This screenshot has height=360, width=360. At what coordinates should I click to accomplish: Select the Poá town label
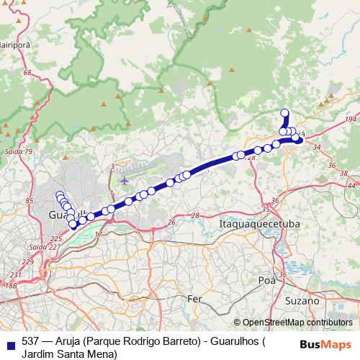pyautogui.click(x=266, y=280)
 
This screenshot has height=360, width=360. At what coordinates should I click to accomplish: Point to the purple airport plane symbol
pyautogui.click(x=125, y=180)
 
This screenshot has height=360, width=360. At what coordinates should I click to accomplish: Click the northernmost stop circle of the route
pyautogui.click(x=284, y=112)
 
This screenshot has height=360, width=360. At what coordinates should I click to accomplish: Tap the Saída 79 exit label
pyautogui.click(x=18, y=151)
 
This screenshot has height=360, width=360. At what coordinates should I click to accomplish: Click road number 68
pyautogui.click(x=27, y=73)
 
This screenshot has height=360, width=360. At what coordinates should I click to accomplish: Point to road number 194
pyautogui.click(x=351, y=118)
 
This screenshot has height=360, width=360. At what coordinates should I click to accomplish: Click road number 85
pyautogui.click(x=30, y=201)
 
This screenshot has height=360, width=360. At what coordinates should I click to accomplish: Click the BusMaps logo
pyautogui.click(x=330, y=344)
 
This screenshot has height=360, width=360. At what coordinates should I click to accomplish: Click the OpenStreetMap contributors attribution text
pyautogui.click(x=297, y=323)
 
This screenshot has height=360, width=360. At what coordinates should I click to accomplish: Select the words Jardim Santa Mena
pyautogui.click(x=69, y=354)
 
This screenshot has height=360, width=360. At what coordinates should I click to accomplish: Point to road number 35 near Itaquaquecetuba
pyautogui.click(x=265, y=210)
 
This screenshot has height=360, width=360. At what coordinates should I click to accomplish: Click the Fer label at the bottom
pyautogui.click(x=194, y=298)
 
